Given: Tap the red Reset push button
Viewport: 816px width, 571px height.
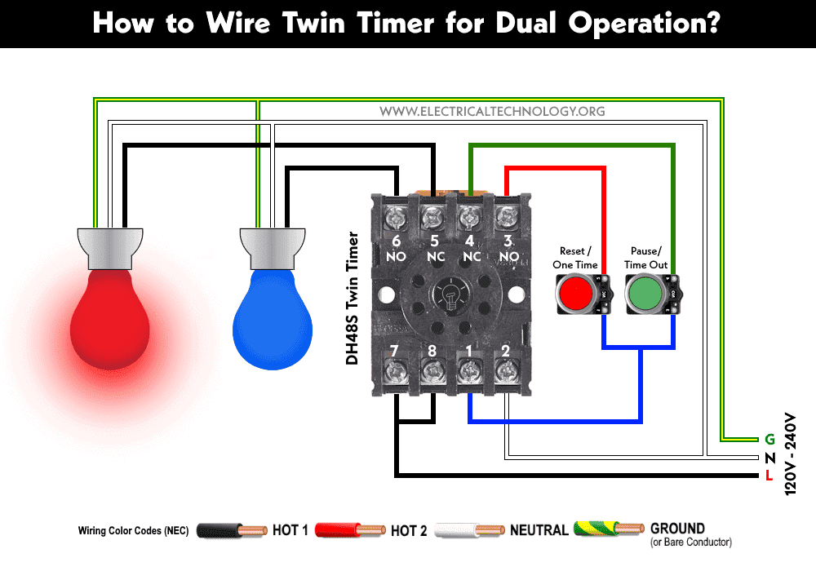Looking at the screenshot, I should click(x=577, y=293).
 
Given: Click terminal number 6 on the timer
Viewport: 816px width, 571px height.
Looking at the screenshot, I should click(x=397, y=241).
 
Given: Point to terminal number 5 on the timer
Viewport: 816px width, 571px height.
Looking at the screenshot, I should click(x=434, y=241).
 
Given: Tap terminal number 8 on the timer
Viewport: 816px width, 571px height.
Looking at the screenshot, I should click(x=432, y=352).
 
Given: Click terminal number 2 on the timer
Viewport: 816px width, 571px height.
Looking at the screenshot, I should click(x=507, y=352).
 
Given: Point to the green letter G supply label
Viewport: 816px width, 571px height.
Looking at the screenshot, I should click(x=769, y=440).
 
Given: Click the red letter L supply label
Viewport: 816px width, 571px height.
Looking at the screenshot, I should click(x=769, y=476).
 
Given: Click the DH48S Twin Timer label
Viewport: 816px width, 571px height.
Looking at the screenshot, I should click(x=353, y=298).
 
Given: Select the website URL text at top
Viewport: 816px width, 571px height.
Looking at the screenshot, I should click(x=493, y=111).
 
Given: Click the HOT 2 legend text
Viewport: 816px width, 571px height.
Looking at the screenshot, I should click(x=409, y=531).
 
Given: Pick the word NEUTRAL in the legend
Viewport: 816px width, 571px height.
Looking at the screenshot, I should click(x=539, y=530).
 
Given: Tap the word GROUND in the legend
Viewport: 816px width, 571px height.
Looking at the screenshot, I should click(x=677, y=529).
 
